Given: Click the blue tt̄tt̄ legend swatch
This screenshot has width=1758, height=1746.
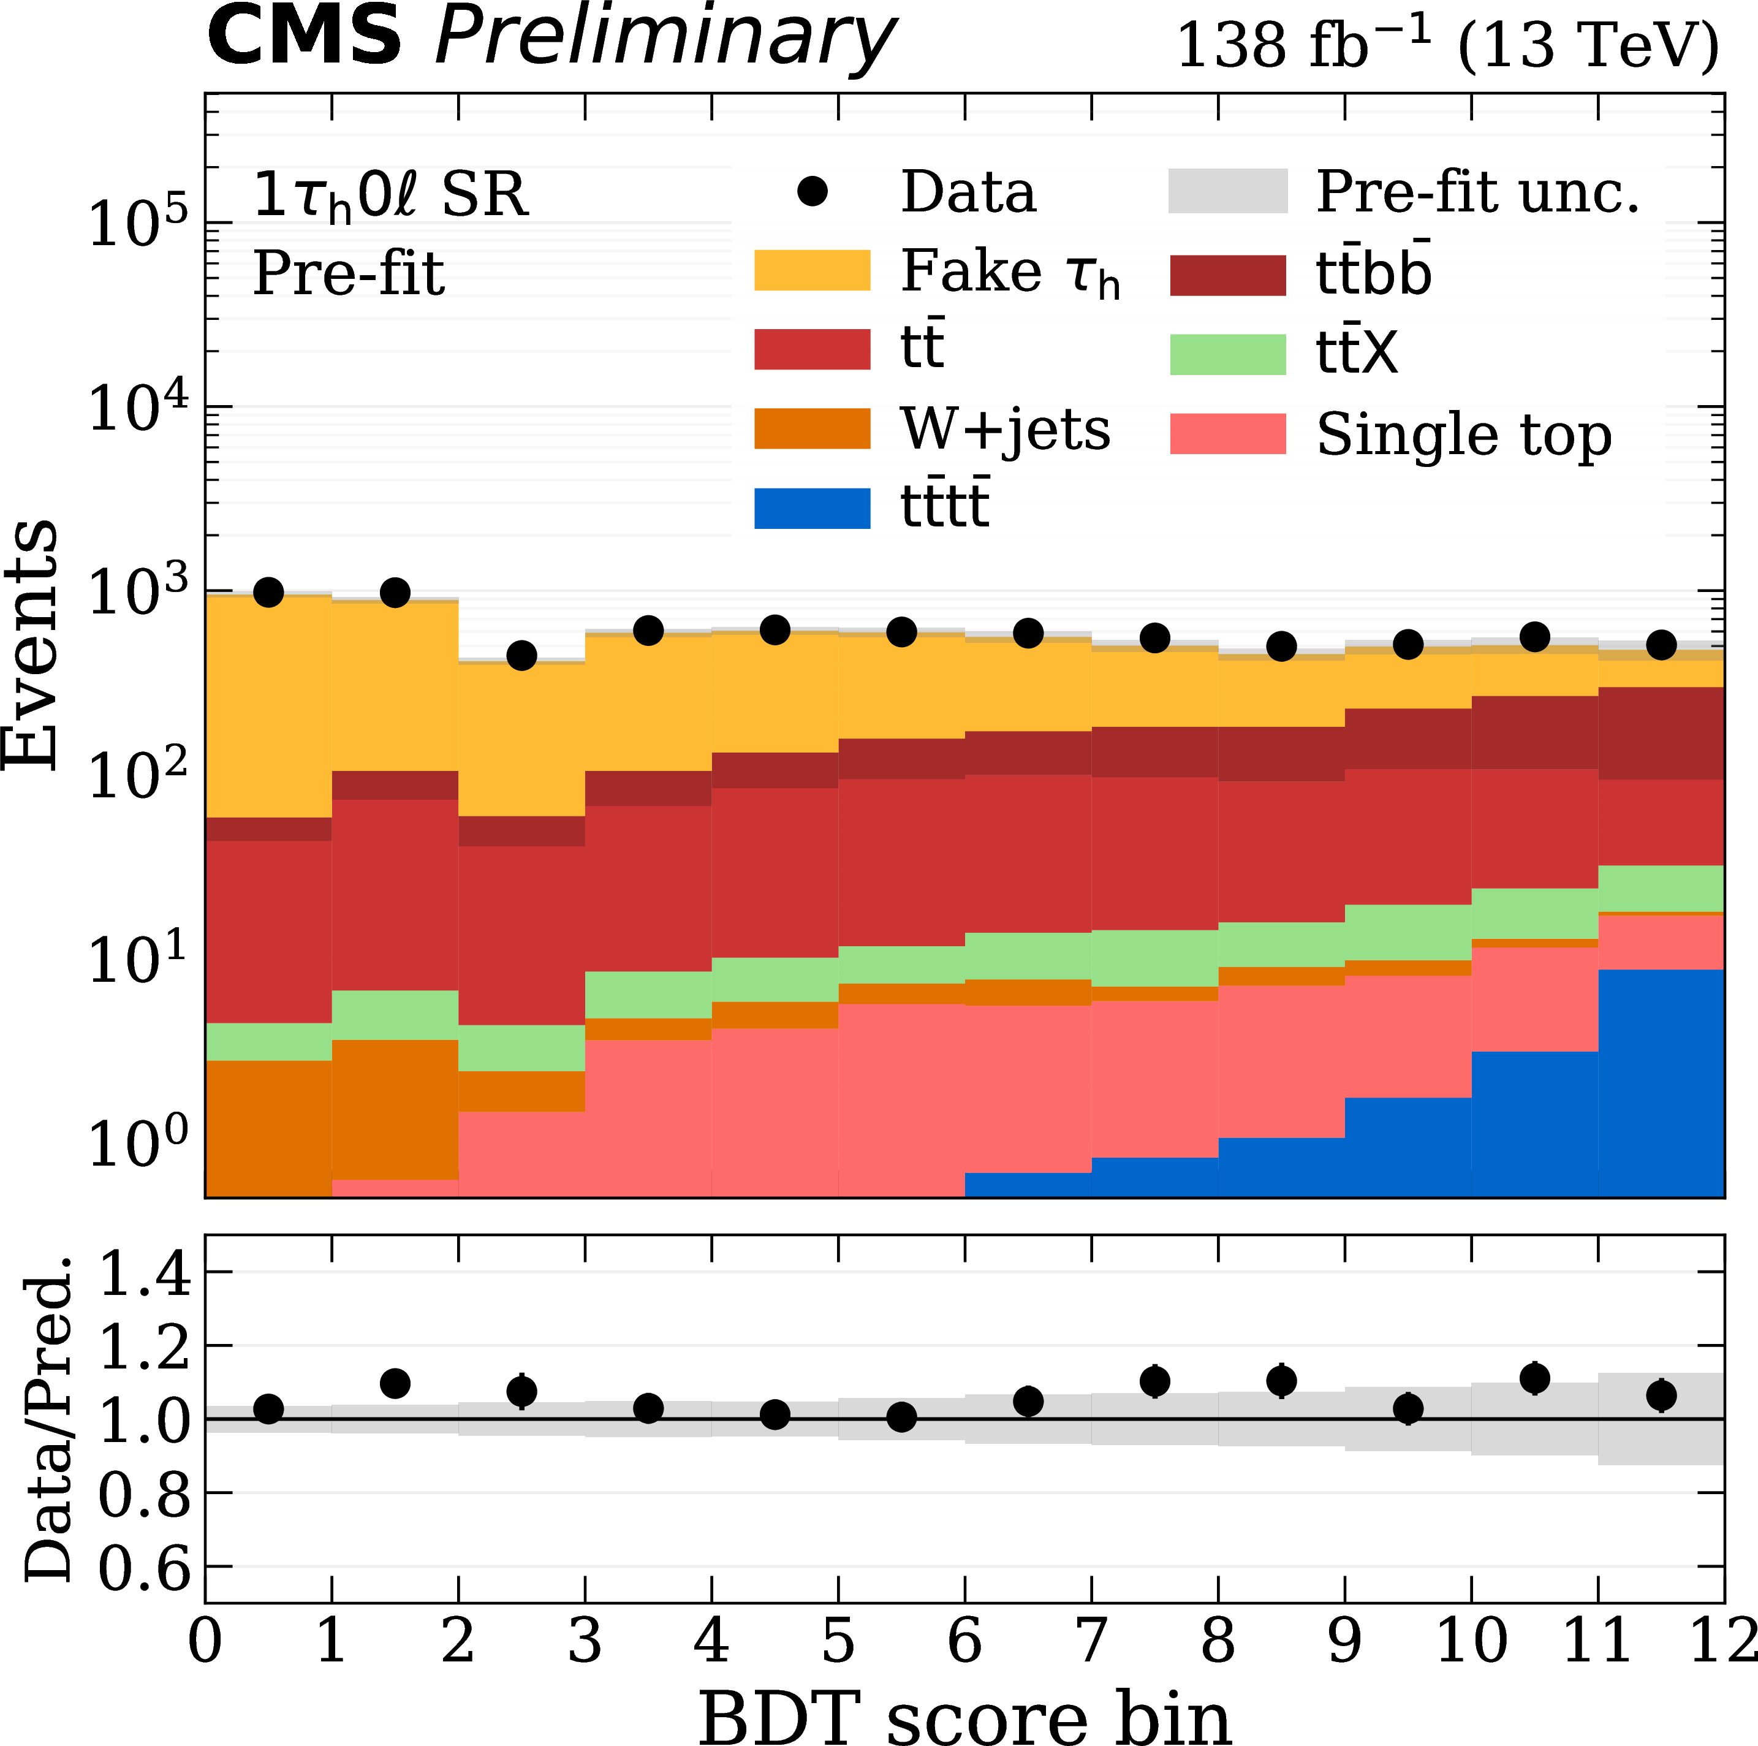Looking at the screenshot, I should click(x=812, y=507).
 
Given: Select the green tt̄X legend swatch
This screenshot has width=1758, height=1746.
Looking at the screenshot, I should click(x=1227, y=355).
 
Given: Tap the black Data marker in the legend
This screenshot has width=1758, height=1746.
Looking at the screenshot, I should click(x=812, y=191).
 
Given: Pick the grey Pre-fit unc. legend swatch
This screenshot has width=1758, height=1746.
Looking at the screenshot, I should click(x=1227, y=191).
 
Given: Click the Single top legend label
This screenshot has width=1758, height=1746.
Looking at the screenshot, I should click(x=1463, y=435).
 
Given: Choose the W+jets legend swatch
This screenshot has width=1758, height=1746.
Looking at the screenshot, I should click(x=812, y=428).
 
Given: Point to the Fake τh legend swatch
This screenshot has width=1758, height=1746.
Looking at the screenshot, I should click(x=812, y=270).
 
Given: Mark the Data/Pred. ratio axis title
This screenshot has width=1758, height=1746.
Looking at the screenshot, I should click(x=47, y=1419).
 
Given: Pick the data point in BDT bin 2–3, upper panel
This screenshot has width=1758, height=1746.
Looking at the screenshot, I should click(x=521, y=655).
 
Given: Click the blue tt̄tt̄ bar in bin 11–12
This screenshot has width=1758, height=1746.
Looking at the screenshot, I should click(x=1661, y=1083).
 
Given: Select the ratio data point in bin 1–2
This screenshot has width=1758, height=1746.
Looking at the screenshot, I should click(x=395, y=1384).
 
